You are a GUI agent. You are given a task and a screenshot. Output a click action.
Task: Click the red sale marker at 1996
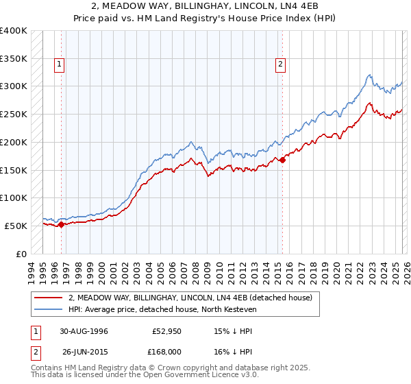[62, 224]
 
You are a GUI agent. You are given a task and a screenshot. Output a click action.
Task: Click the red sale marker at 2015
[282, 160]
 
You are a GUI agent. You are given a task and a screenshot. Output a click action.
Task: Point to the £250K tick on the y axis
[14, 114]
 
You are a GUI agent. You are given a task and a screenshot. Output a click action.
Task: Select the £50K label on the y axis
[16, 226]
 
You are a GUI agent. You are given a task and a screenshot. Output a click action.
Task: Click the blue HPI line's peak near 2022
[369, 75]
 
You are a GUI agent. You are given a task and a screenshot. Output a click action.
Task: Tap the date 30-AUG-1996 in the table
[84, 331]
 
